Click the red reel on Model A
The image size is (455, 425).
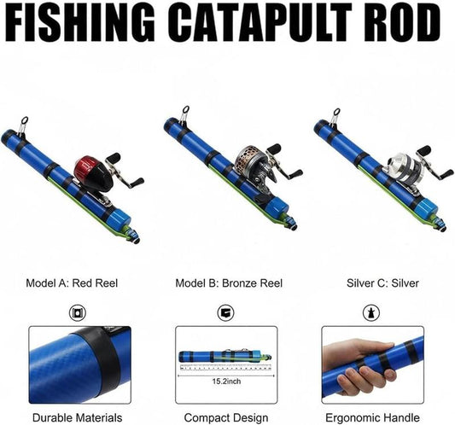coord(92,174)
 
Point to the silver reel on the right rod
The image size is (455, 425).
coord(404,166)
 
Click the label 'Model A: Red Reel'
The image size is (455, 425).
coord(72,283)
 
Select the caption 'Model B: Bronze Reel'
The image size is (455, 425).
coord(229,283)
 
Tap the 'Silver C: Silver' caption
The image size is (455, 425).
coord(382,283)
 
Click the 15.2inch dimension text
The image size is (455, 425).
coord(226,381)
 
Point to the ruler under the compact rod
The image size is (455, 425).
coord(225,368)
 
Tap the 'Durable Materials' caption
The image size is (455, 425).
coord(77,418)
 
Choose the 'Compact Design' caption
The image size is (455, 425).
coord(226,418)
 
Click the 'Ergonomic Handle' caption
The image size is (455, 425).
coord(372,418)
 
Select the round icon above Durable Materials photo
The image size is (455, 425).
coord(78,312)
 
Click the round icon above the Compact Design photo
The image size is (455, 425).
coord(225,312)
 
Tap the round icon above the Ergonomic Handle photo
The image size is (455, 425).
coord(371,312)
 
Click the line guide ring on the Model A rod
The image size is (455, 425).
coord(25,119)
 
